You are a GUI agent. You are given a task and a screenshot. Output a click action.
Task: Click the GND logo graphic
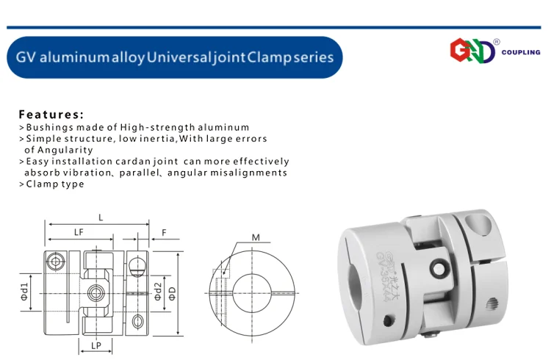(472, 51)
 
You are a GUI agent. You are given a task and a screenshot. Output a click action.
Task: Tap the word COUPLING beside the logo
(521, 52)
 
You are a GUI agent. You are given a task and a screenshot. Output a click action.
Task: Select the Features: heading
(51, 115)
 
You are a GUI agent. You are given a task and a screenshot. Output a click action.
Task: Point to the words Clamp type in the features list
(55, 184)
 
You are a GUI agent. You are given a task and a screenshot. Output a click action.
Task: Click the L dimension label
(101, 217)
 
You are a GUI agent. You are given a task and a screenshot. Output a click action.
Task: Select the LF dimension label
(79, 232)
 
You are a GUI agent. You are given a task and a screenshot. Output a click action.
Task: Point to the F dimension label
(164, 233)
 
